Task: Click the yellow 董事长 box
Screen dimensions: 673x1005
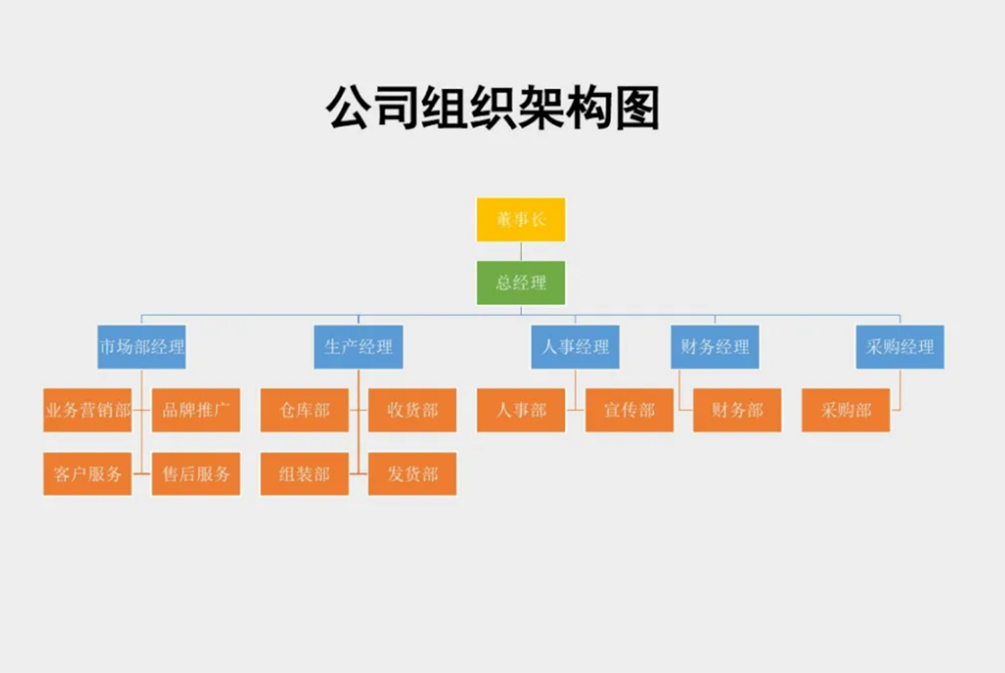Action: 521,220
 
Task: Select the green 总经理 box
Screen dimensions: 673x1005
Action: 521,282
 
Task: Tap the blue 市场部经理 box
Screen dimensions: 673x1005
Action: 142,347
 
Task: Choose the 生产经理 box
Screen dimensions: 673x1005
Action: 358,347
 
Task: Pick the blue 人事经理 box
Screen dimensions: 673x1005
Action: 575,347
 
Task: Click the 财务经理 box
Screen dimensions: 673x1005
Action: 714,347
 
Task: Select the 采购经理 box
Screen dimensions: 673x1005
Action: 899,347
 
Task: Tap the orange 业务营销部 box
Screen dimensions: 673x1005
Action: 87,410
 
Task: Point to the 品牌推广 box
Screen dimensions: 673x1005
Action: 196,410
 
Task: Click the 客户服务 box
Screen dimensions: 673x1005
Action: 87,474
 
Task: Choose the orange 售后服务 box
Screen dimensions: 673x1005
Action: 196,474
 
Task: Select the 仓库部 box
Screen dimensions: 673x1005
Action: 304,410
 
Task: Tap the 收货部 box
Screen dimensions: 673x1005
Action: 412,410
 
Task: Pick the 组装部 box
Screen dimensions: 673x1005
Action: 304,474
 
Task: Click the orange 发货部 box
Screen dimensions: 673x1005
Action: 412,474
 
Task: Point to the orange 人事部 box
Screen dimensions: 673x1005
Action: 521,410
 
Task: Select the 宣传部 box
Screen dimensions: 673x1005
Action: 629,410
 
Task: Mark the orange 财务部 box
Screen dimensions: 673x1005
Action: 737,410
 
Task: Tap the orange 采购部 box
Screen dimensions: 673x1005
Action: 846,410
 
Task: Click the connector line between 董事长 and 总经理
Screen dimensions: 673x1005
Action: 521,251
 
